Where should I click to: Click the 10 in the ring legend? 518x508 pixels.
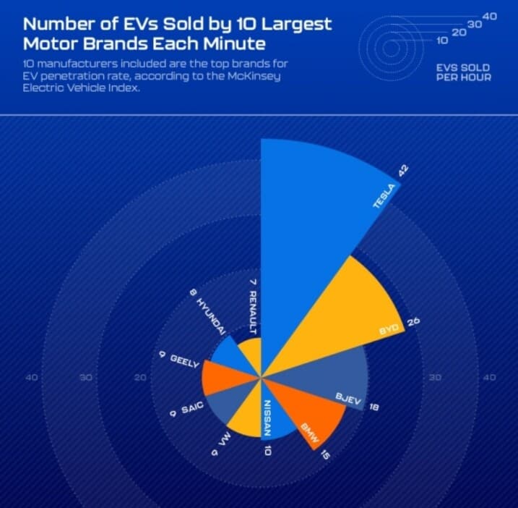tap(443, 41)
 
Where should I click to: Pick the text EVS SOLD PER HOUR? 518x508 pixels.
tap(464, 72)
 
